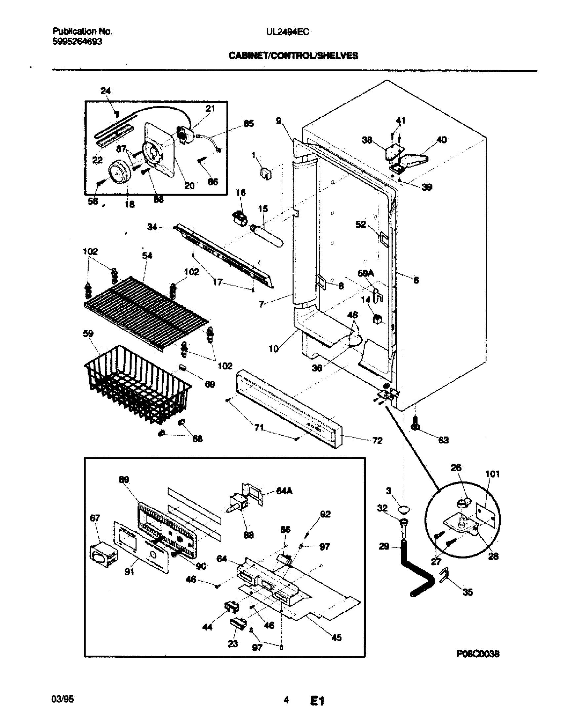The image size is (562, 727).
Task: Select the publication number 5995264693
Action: (x=77, y=42)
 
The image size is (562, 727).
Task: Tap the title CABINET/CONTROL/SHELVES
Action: (x=293, y=56)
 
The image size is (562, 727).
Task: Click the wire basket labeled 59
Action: (x=137, y=383)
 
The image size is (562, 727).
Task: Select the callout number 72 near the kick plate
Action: (x=377, y=441)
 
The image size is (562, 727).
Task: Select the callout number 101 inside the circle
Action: (x=493, y=474)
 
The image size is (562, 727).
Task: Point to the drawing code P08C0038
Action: (x=478, y=654)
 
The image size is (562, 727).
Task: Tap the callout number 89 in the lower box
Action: (x=124, y=479)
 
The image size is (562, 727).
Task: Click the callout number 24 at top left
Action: (x=105, y=91)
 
